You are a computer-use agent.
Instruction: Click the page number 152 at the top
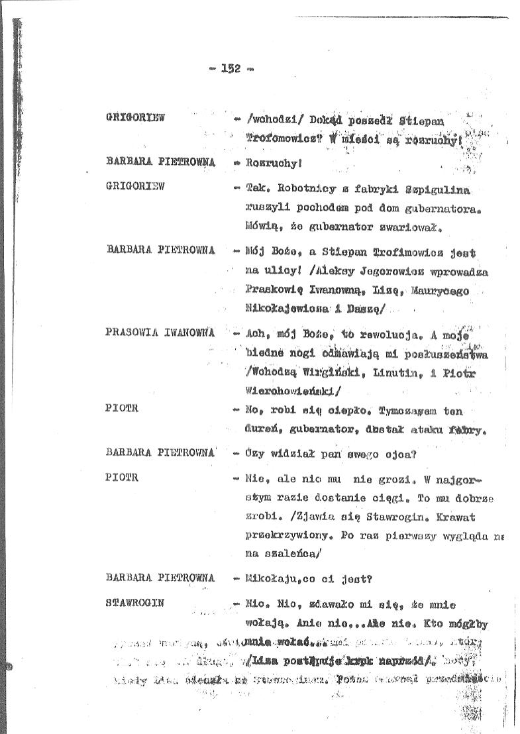(230, 68)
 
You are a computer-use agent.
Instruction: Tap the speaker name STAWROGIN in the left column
(134, 603)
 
